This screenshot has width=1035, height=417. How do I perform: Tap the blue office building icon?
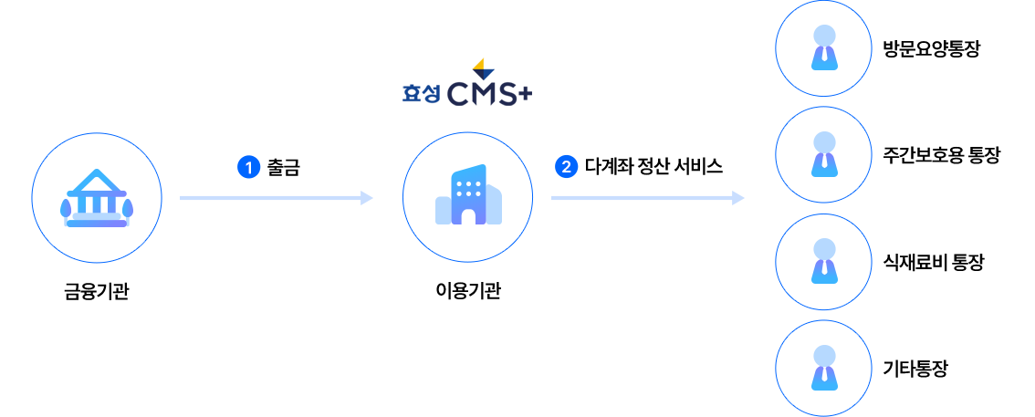click(x=468, y=196)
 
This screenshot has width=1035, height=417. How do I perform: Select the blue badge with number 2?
click(x=567, y=167)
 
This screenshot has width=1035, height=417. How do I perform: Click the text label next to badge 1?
click(x=283, y=167)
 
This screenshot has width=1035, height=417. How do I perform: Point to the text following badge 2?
click(x=653, y=167)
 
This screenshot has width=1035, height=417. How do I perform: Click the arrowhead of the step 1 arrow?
click(x=368, y=198)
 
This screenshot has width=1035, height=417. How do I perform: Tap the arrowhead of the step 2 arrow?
click(x=739, y=198)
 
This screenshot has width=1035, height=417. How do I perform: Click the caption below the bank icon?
click(x=96, y=293)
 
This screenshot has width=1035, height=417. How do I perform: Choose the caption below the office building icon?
click(x=468, y=292)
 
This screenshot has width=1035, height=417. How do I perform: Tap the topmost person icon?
click(x=824, y=48)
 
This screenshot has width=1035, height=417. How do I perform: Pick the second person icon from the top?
click(x=824, y=155)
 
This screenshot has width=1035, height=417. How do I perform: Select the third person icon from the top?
click(x=824, y=262)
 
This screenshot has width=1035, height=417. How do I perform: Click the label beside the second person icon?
click(x=941, y=156)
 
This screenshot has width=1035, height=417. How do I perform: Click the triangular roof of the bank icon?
click(x=96, y=179)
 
